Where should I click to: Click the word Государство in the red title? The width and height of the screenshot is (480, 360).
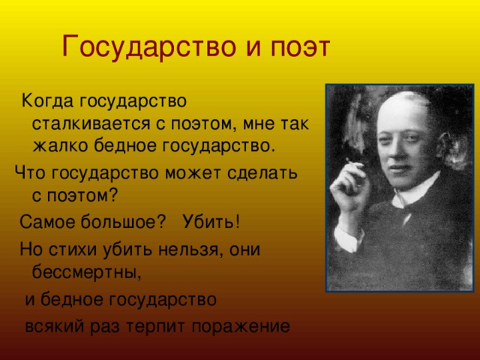click(148, 46)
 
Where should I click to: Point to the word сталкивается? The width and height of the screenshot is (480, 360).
click(91, 124)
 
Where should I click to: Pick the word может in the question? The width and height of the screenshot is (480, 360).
click(193, 173)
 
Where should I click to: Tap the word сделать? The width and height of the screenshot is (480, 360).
click(262, 172)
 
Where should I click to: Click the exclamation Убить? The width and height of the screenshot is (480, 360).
click(211, 221)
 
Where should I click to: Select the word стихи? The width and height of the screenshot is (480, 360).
click(73, 249)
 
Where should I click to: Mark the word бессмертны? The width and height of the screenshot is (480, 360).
click(87, 271)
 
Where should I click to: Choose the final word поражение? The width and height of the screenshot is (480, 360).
click(241, 326)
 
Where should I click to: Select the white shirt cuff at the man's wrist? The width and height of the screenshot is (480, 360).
click(346, 236)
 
